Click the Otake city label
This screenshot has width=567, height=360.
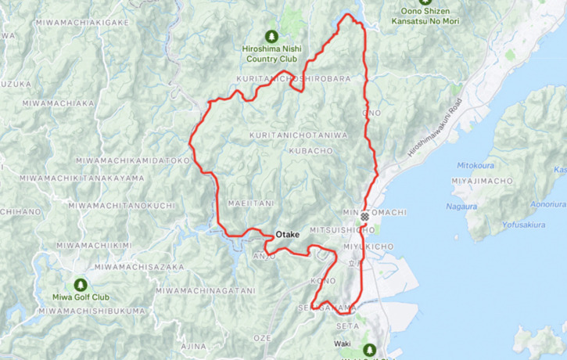[x=289, y=234]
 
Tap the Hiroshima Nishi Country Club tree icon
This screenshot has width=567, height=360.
[x=271, y=36]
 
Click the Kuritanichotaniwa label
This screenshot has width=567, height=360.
[x=298, y=135]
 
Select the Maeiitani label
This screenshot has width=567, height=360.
[x=250, y=203]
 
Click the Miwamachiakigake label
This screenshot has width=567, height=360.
[x=81, y=23]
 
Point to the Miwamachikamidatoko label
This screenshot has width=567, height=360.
[x=133, y=160]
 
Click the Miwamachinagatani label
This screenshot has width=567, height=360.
[x=205, y=290]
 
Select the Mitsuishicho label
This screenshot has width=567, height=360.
[x=343, y=231]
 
